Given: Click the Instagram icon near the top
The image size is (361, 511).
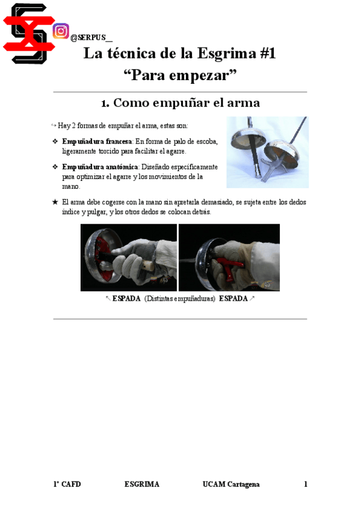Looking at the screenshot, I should coord(60,31).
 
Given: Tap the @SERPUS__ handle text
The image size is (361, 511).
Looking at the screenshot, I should coord(91,38).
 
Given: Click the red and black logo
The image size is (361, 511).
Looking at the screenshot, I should coord(26,33).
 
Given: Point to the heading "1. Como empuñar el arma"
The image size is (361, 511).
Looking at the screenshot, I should coord(180,102).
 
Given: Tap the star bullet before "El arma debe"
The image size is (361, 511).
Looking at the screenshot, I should coord(55,202).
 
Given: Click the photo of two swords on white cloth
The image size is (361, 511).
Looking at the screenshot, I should coord(267,152).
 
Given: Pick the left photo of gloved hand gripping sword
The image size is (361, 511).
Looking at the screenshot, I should coord(128,257).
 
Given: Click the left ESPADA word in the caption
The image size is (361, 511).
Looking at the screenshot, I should coord(126,299).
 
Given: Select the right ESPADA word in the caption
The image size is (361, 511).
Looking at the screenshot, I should coord(233,299).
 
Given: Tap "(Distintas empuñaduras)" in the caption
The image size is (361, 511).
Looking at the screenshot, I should coord(180,299).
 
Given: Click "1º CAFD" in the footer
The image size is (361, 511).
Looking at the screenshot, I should coord(67,484).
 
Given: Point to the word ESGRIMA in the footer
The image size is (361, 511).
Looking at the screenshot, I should coord(142,484).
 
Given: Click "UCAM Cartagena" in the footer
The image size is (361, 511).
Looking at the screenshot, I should coord(231,484).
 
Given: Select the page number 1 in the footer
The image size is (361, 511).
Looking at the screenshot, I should coord(306,484).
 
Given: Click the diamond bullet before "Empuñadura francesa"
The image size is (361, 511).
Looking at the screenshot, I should coord(55,141).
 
